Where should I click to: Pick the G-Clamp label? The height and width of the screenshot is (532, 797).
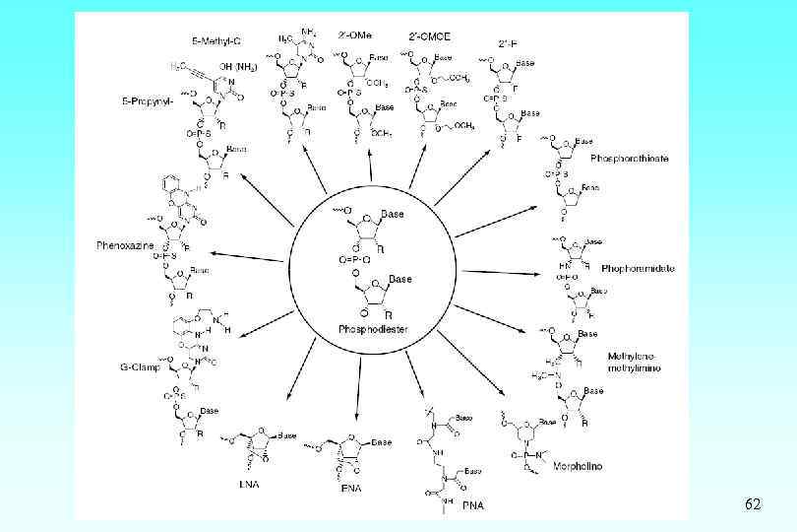click(139, 368)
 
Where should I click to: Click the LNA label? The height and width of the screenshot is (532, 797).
click(248, 485)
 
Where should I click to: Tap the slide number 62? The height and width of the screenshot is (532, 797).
click(753, 504)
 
